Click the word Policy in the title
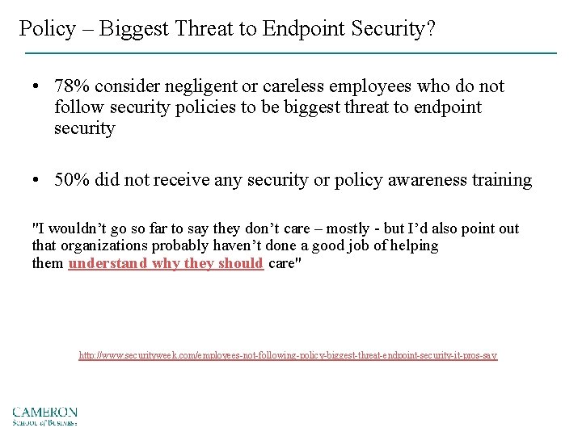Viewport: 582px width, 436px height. pyautogui.click(x=46, y=30)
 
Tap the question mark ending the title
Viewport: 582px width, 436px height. pyautogui.click(x=430, y=30)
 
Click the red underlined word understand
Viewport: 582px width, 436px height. pyautogui.click(x=108, y=263)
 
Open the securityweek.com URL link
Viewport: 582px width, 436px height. pyautogui.click(x=288, y=355)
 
